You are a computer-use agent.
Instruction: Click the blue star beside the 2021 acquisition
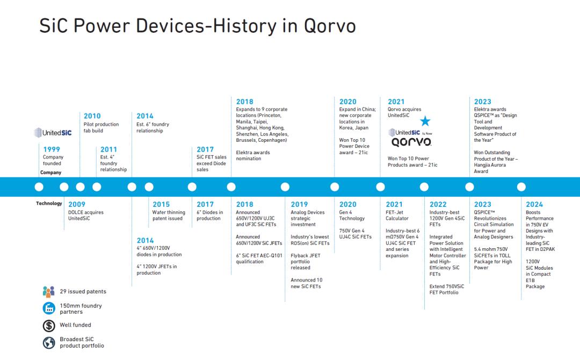tap(425, 120)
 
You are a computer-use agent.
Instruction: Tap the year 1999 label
tap(52, 149)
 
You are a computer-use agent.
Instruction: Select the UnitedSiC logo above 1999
tap(53, 133)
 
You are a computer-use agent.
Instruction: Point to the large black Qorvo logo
tap(411, 142)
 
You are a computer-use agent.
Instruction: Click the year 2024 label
tap(534, 204)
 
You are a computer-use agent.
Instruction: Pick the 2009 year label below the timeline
tap(77, 204)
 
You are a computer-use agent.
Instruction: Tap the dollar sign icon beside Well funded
tap(49, 325)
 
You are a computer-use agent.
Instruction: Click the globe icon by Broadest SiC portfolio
tap(49, 343)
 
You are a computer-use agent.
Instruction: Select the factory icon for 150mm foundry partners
tap(49, 308)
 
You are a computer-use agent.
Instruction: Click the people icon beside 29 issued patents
tap(48, 292)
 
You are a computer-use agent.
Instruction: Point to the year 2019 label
tap(299, 204)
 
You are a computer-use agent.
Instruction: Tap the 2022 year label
tap(438, 204)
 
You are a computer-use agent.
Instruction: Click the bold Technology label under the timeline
tap(49, 203)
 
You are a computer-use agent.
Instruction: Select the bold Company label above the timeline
tap(50, 172)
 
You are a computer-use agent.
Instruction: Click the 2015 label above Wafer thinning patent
tap(161, 204)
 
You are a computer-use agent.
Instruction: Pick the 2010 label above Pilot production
tap(92, 116)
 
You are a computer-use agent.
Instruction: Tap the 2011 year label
tap(108, 149)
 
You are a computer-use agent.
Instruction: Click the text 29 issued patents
tap(83, 292)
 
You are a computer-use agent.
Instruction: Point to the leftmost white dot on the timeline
tap(39, 187)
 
